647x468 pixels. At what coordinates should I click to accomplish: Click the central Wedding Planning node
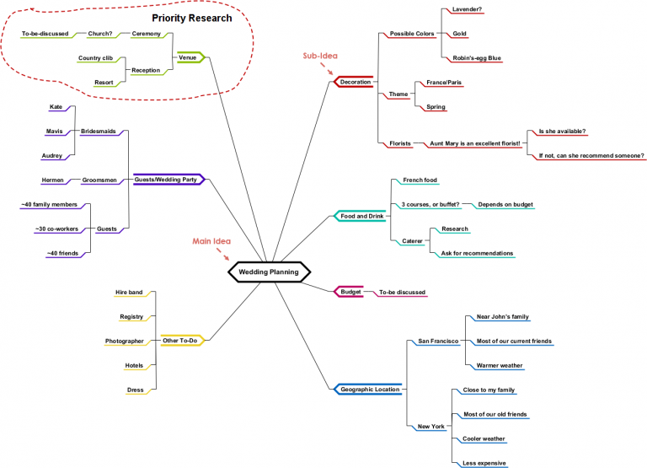[x=269, y=272]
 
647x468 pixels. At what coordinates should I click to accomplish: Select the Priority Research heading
[x=191, y=18]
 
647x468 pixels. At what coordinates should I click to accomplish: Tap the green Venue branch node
[x=189, y=58]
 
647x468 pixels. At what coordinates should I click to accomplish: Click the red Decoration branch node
[x=354, y=82]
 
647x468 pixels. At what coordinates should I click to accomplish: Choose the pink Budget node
[x=350, y=292]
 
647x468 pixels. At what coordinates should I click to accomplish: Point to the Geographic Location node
[x=369, y=389]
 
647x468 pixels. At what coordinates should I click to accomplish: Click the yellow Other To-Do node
[x=179, y=341]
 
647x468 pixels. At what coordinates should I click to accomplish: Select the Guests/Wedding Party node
[x=166, y=180]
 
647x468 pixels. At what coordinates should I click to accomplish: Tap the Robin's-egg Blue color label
[x=476, y=58]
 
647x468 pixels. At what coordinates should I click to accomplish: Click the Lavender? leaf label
[x=467, y=9]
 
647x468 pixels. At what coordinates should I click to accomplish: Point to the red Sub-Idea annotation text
[x=320, y=56]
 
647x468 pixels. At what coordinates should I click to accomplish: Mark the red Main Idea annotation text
[x=211, y=241]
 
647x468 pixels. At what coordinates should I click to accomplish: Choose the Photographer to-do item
[x=124, y=341]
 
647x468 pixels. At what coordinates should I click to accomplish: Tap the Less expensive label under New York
[x=484, y=462]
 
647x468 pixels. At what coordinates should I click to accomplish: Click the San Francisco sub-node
[x=438, y=341]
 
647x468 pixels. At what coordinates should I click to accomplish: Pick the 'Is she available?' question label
[x=561, y=131]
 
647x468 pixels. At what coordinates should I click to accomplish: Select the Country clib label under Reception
[x=95, y=58]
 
